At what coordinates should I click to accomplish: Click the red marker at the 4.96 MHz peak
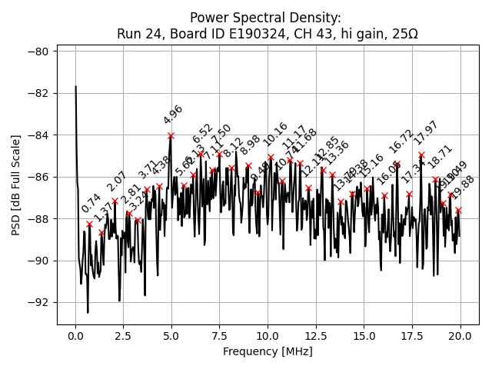point(171,136)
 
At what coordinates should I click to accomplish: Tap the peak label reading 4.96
point(173,115)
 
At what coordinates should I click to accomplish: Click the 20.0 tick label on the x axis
point(460,336)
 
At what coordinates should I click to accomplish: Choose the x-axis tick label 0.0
point(75,336)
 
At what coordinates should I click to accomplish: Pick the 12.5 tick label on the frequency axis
point(316,336)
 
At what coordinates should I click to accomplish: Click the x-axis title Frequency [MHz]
point(268,351)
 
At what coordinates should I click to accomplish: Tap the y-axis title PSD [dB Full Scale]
point(16,184)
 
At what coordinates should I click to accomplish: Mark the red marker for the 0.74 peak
point(89,224)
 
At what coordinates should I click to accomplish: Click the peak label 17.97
point(426,133)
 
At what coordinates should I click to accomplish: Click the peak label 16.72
point(401,141)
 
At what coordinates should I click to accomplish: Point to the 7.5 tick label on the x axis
point(220,336)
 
